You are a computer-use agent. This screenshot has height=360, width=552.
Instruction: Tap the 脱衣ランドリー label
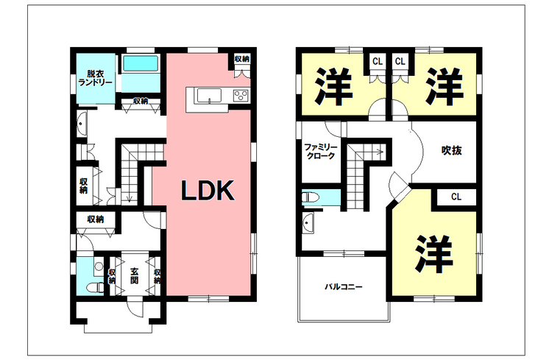pyautogui.click(x=95, y=79)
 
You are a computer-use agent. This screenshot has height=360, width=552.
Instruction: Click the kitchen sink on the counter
pyautogui.click(x=205, y=96)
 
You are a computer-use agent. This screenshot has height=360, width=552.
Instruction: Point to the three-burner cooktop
pyautogui.click(x=241, y=96)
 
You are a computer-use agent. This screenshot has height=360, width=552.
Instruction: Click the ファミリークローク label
pyautogui.click(x=321, y=152)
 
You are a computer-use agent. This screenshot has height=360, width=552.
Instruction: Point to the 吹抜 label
pyautogui.click(x=452, y=150)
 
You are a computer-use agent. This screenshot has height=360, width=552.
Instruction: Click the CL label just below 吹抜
pyautogui.click(x=456, y=197)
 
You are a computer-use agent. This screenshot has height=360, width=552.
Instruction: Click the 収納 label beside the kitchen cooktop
pyautogui.click(x=241, y=59)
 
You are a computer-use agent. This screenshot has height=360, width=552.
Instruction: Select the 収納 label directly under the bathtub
pyautogui.click(x=142, y=102)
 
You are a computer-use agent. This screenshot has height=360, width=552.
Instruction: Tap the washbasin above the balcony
pyautogui.click(x=308, y=222)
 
